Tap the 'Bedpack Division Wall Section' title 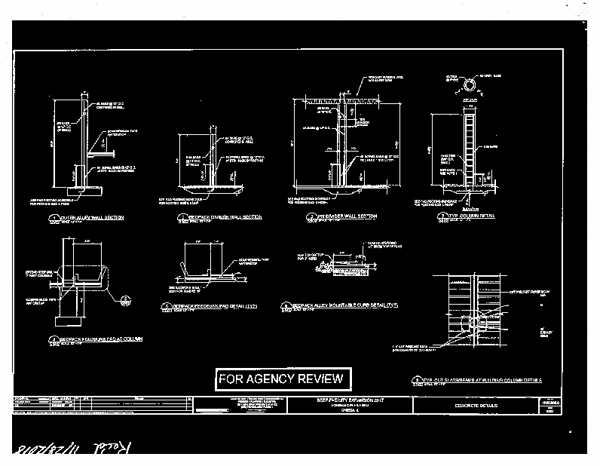(224, 217)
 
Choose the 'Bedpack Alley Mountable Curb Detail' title (344, 305)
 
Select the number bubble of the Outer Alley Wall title (53, 219)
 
